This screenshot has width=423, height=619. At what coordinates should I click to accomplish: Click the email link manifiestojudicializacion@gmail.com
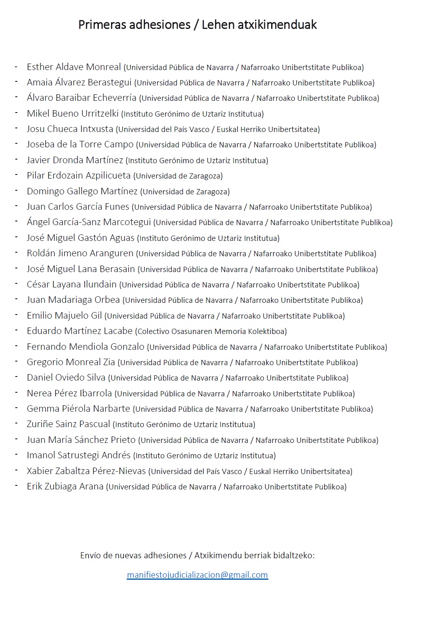coord(197,575)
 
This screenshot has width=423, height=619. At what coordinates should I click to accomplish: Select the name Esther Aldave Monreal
coord(74,67)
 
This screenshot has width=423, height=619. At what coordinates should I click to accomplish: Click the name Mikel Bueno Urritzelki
coord(72,113)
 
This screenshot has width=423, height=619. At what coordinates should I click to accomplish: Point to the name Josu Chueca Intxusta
coord(70,129)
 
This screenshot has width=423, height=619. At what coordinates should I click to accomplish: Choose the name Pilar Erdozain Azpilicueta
coord(79,175)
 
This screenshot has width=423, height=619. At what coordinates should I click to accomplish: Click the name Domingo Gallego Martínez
coord(82,191)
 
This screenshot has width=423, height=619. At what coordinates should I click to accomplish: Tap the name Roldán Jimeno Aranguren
coord(80,253)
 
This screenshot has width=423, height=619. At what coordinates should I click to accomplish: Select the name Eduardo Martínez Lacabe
coord(79,331)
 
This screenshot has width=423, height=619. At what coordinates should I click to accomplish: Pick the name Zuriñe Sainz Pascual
coord(68,424)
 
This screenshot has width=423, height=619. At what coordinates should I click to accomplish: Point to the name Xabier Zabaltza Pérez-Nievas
coord(86,471)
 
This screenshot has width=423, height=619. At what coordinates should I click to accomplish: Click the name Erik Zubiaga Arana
coord(65,486)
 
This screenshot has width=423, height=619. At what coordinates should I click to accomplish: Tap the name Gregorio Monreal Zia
coord(71,362)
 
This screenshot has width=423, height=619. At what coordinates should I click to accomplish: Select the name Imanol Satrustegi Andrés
coord(79,455)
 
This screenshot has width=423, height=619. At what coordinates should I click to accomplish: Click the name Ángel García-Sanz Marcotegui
coord(89,222)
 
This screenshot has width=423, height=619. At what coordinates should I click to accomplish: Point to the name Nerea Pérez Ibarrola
coord(69,393)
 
